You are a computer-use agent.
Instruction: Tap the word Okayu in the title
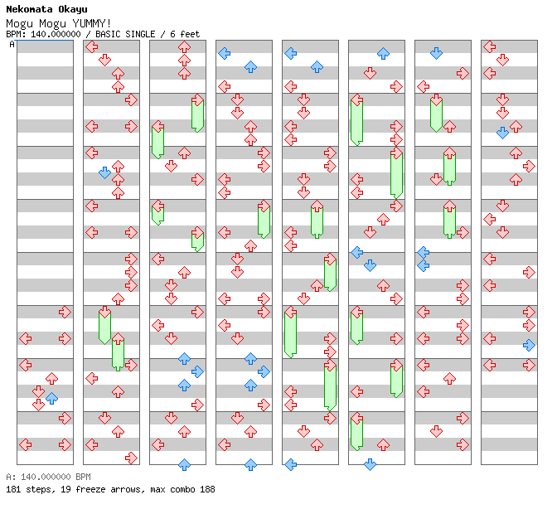pyautogui.click(x=72, y=9)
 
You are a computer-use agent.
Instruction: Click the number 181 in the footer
pyautogui.click(x=13, y=489)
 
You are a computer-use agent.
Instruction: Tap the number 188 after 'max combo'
pyautogui.click(x=206, y=489)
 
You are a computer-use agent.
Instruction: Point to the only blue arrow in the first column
pyautogui.click(x=51, y=398)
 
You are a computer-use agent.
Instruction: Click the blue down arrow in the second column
pyautogui.click(x=104, y=172)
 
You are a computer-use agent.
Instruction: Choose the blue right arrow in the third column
pyautogui.click(x=197, y=371)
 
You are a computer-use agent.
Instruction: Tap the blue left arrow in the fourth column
pyautogui.click(x=224, y=53)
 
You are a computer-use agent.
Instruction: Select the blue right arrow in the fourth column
pyautogui.click(x=264, y=371)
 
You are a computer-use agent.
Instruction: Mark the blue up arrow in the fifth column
pyautogui.click(x=317, y=66)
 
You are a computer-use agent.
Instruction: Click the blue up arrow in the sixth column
pyautogui.click(x=383, y=53)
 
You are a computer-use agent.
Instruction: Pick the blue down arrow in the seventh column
pyautogui.click(x=436, y=53)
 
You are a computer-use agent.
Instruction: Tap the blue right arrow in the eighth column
pyautogui.click(x=529, y=345)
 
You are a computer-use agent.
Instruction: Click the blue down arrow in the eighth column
pyautogui.click(x=502, y=133)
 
